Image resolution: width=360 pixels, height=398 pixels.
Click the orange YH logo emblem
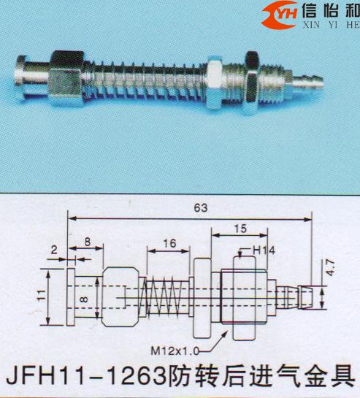pyautogui.click(x=279, y=15)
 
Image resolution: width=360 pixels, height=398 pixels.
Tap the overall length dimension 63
pyautogui.click(x=201, y=208)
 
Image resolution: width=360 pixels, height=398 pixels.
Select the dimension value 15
pyautogui.click(x=240, y=229)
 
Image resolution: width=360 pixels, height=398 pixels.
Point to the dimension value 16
pyautogui.click(x=169, y=243)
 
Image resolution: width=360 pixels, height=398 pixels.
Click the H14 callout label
pyautogui.click(x=264, y=250)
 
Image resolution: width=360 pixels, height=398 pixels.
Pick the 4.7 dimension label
pyautogui.click(x=330, y=267)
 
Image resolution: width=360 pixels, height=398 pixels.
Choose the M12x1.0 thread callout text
pyautogui.click(x=175, y=351)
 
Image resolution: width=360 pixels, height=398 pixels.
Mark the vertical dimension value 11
pyautogui.click(x=42, y=295)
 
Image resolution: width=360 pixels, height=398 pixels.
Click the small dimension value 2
pyautogui.click(x=54, y=250)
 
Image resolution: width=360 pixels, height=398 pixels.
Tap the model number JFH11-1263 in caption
pyautogui.click(x=85, y=378)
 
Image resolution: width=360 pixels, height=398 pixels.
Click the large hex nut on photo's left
pyautogui.click(x=66, y=78)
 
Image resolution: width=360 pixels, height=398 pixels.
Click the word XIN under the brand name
pyautogui.click(x=311, y=25)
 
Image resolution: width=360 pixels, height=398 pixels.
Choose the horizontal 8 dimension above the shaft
pyautogui.click(x=88, y=242)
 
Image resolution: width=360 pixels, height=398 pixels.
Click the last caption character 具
pyautogui.click(x=343, y=378)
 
